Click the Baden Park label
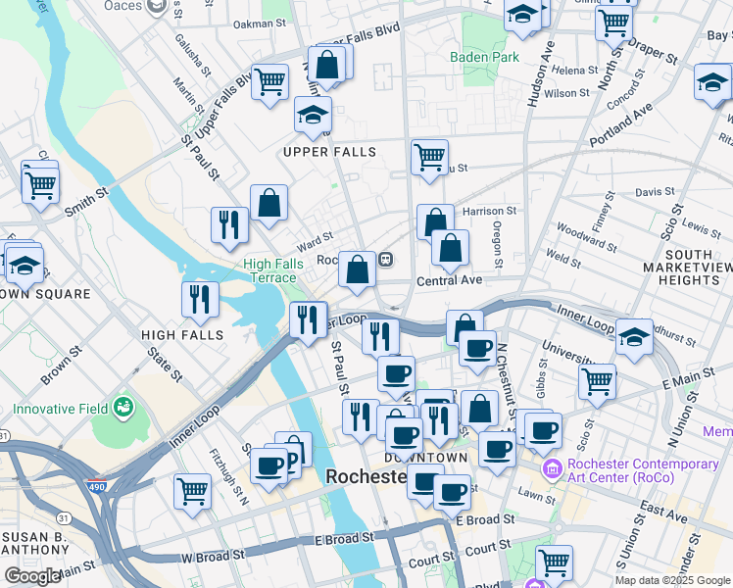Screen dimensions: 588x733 click(484, 57)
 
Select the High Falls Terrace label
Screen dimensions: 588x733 click(269, 270)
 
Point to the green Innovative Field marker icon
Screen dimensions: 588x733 click(123, 405)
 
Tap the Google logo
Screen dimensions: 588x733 click(32, 576)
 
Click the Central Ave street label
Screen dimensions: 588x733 click(450, 280)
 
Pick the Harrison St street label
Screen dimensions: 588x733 click(489, 211)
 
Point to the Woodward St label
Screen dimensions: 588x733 click(586, 236)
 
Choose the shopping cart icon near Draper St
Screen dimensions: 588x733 click(613, 21)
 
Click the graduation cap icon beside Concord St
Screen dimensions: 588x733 click(712, 83)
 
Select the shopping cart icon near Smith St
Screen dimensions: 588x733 click(40, 183)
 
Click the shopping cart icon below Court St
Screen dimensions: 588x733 click(554, 563)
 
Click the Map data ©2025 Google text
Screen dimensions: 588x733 click(672, 580)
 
